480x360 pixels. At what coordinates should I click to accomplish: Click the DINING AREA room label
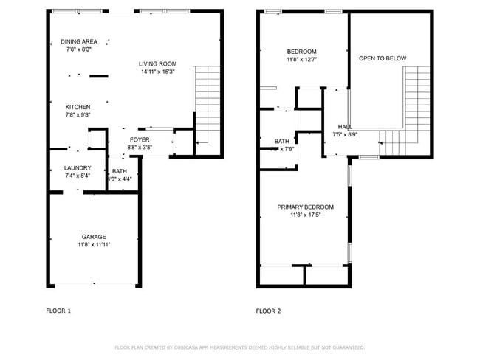[x=78, y=41]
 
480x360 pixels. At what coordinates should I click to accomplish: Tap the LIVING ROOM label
[x=158, y=63]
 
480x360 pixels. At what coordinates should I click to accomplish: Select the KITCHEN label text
[x=78, y=106]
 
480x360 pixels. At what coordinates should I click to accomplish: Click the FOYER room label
[x=140, y=139]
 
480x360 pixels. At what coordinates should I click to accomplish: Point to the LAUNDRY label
[x=78, y=168]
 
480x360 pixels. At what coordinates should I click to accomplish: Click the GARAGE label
[x=94, y=237]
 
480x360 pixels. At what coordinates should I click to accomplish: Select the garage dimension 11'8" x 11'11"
[x=94, y=245]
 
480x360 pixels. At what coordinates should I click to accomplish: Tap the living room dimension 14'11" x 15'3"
[x=158, y=72]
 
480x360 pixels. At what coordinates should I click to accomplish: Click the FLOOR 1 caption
[x=58, y=311]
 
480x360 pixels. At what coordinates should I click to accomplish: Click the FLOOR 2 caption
[x=268, y=311]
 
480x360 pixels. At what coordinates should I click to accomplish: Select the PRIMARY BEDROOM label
[x=305, y=207]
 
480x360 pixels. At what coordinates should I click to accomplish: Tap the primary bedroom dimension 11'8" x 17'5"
[x=305, y=215]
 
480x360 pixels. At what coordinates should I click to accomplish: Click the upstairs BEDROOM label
[x=301, y=51]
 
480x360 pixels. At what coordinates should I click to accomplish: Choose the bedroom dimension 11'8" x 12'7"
[x=301, y=60]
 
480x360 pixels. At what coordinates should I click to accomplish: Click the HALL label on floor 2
[x=345, y=127]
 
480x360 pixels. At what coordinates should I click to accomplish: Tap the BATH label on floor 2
[x=282, y=141]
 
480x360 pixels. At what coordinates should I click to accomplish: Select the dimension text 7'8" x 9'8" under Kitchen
[x=78, y=115]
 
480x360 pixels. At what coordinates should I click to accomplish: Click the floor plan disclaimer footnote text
[x=239, y=347]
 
